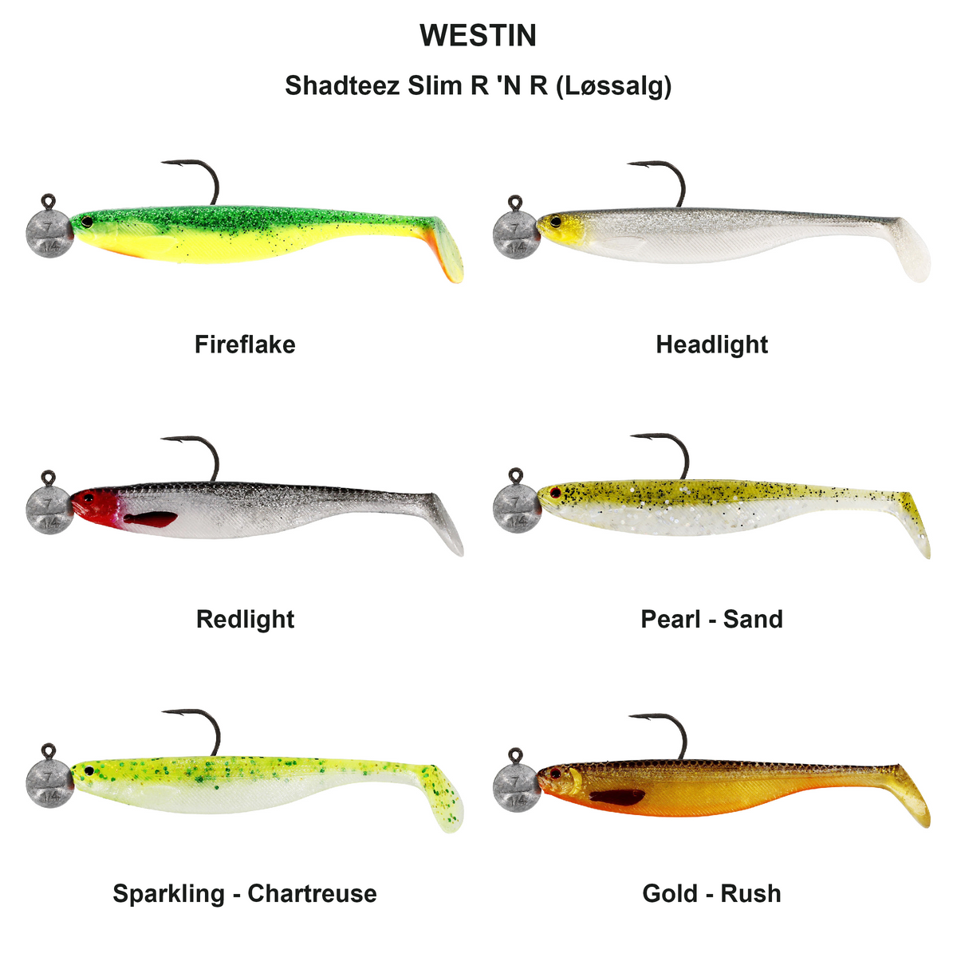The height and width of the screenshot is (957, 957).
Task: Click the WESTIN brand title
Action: click(478, 35)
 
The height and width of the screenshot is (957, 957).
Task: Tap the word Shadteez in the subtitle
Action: click(342, 85)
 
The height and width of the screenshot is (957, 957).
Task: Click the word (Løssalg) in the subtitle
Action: click(614, 86)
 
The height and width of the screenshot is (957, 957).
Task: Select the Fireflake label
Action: click(245, 345)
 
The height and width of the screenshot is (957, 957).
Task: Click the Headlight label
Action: click(711, 345)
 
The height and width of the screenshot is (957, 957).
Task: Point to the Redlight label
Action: click(246, 620)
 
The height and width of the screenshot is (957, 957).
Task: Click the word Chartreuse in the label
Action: click(312, 893)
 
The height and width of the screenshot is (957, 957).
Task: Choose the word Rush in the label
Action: click(750, 893)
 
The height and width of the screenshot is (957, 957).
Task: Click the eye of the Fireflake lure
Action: click(87, 222)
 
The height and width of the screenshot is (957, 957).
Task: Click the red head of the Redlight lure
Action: click(94, 506)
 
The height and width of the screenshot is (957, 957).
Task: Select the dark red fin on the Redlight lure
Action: click(151, 519)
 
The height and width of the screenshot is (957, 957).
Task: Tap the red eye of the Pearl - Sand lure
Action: click(555, 493)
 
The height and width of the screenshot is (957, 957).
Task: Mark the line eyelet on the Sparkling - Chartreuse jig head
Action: click(48, 750)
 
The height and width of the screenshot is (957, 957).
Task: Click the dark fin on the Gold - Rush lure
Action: click(617, 797)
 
